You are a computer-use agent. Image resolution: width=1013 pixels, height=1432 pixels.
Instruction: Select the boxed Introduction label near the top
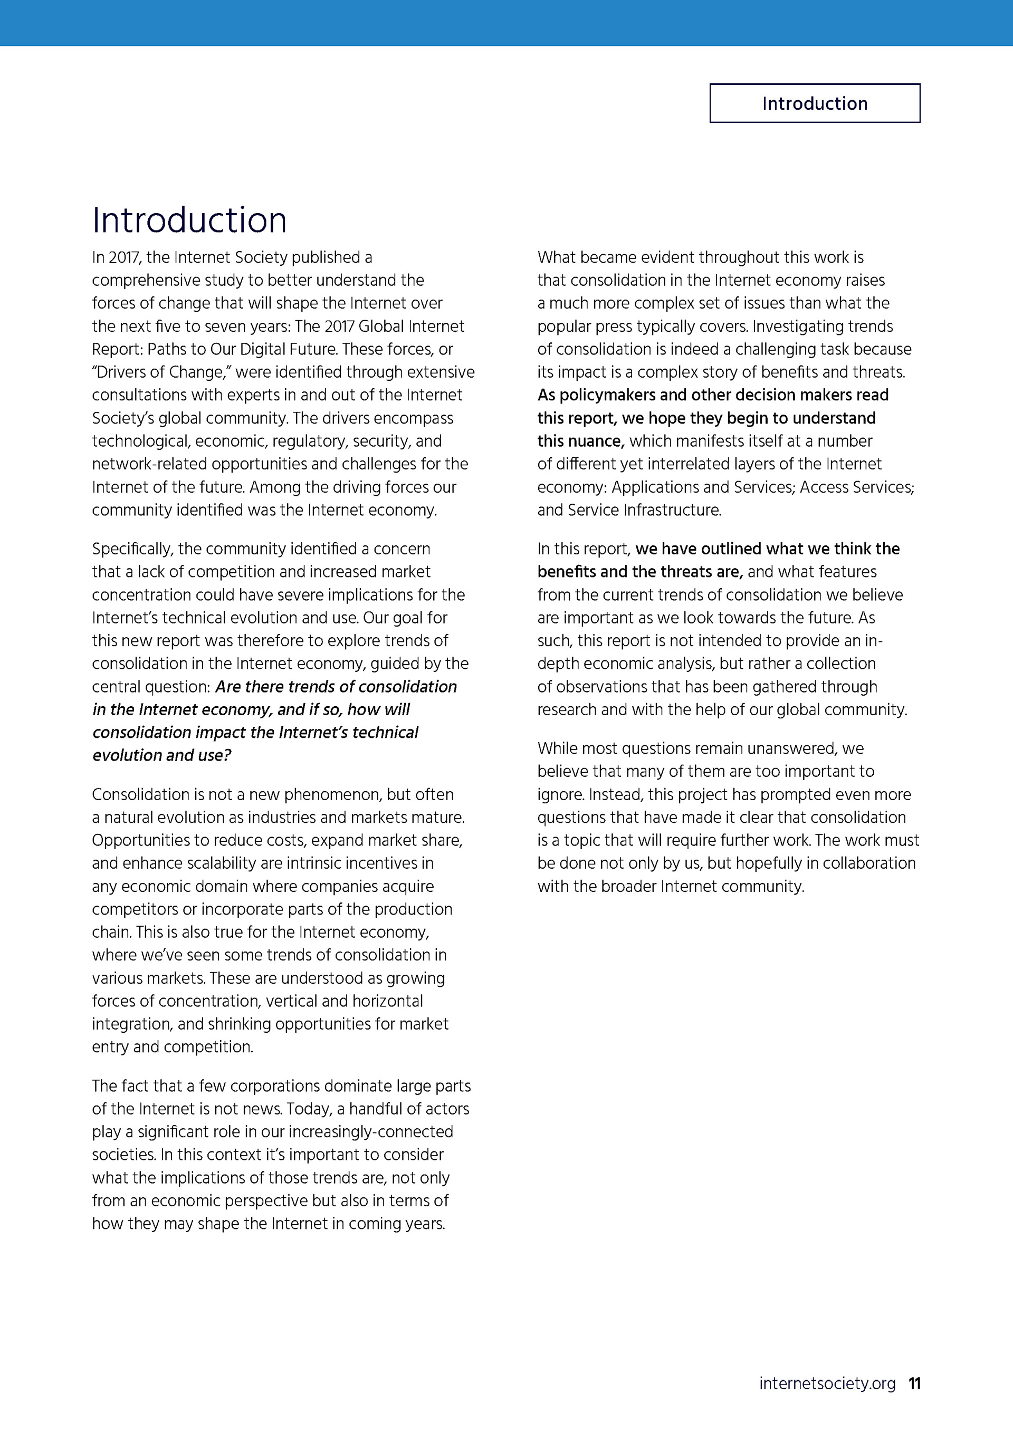tap(814, 103)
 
